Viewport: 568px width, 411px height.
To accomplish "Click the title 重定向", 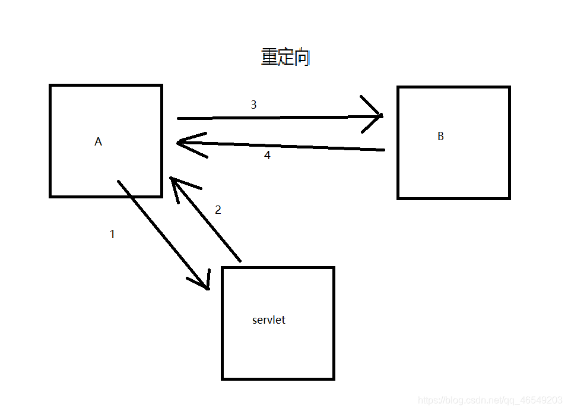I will click(285, 58).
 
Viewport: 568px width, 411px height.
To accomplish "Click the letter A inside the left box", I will click(98, 142).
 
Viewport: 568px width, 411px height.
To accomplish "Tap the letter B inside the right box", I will click(440, 136).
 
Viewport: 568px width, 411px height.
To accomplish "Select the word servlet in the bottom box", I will click(269, 320).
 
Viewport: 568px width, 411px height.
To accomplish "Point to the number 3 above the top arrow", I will click(253, 105).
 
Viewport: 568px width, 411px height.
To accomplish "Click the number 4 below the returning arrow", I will click(267, 156).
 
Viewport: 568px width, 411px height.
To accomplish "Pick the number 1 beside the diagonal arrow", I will click(112, 235).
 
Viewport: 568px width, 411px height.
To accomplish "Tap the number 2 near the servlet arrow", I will click(218, 210).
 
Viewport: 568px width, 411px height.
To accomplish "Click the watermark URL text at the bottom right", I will click(490, 400).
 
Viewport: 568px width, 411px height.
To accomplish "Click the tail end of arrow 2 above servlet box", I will click(240, 260).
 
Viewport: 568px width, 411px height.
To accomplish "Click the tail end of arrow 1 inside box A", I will click(119, 181).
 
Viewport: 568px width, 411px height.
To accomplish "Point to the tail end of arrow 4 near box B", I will click(383, 150).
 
